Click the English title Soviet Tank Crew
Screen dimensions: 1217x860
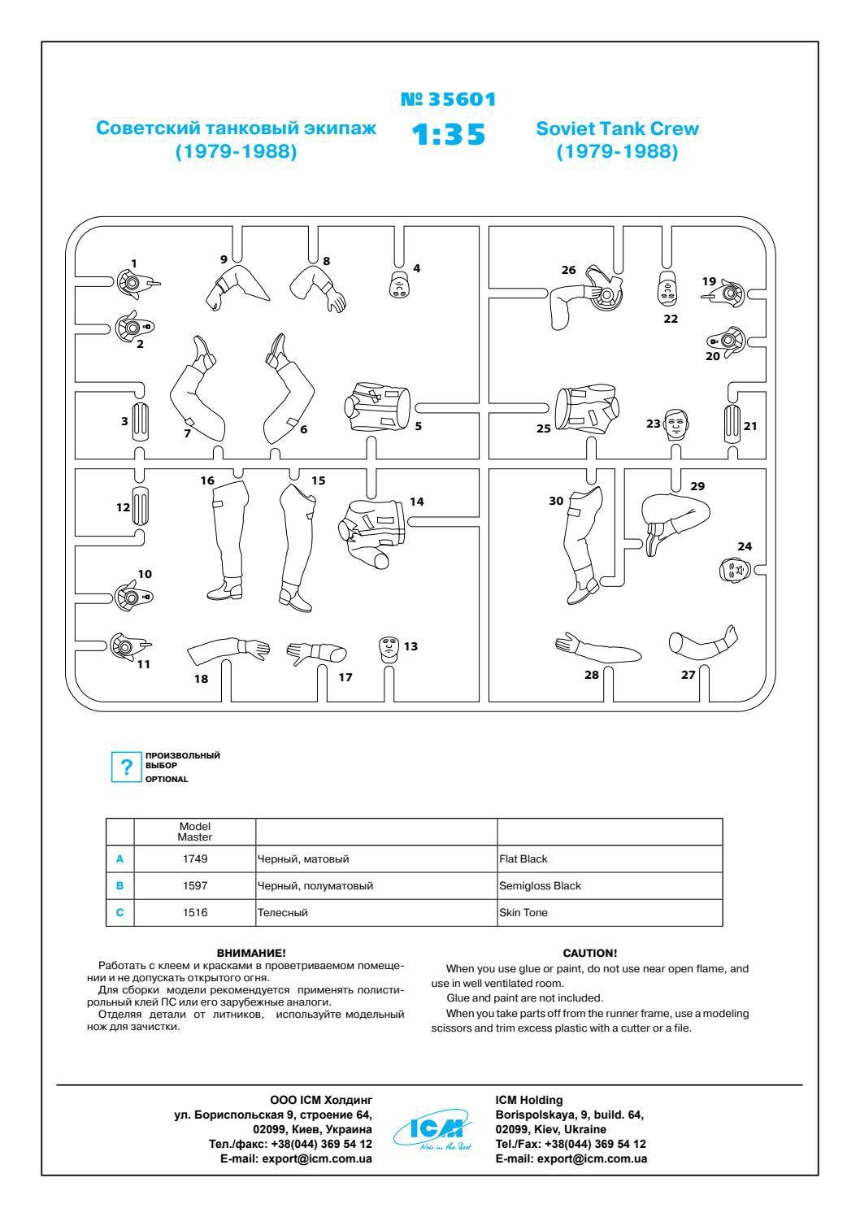(x=617, y=128)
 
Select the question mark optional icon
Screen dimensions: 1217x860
(x=126, y=767)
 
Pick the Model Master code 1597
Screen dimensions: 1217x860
(x=195, y=885)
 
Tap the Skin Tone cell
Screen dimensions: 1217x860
(x=523, y=912)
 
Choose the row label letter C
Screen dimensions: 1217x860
(x=120, y=912)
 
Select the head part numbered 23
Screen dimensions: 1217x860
(x=677, y=424)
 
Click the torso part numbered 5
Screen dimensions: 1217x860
(x=378, y=406)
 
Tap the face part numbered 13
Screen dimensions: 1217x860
(x=389, y=648)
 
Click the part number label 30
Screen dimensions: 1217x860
(x=556, y=502)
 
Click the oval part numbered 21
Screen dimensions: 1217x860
(x=732, y=424)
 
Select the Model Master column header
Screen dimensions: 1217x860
(x=195, y=831)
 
